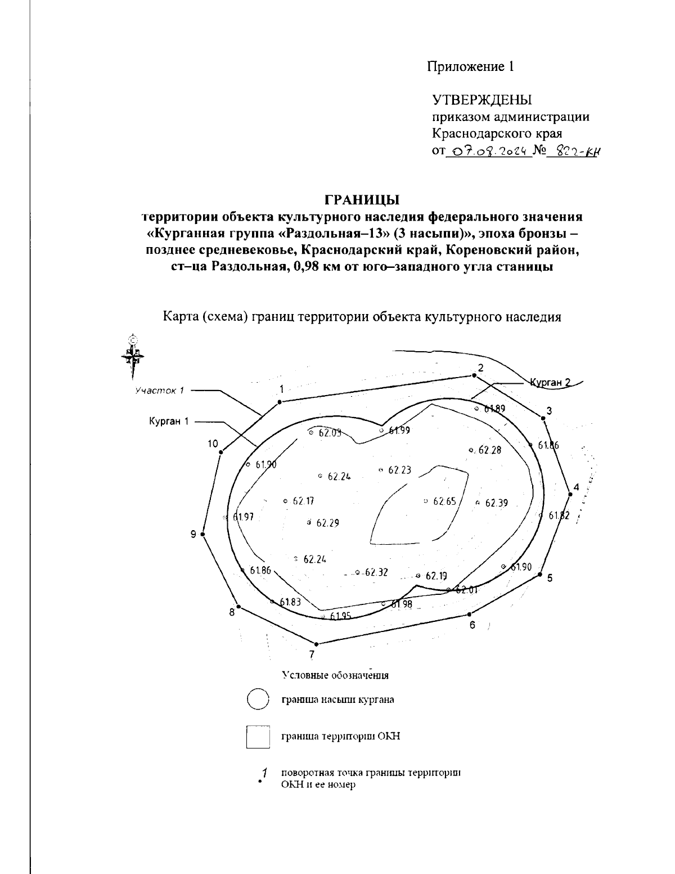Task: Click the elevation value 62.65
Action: click(444, 501)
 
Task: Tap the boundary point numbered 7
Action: click(317, 644)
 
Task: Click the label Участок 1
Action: click(160, 391)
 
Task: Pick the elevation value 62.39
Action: click(496, 503)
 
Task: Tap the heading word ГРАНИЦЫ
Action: click(362, 200)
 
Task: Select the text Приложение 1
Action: click(470, 67)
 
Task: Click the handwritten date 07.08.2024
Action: click(488, 151)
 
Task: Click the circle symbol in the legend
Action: click(259, 700)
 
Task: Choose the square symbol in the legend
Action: click(259, 737)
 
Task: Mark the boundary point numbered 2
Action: click(474, 375)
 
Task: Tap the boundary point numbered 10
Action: click(222, 452)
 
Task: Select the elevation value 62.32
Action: click(376, 572)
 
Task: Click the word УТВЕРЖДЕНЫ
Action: click(482, 100)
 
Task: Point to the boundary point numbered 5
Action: click(539, 575)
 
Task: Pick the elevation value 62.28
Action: click(488, 450)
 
